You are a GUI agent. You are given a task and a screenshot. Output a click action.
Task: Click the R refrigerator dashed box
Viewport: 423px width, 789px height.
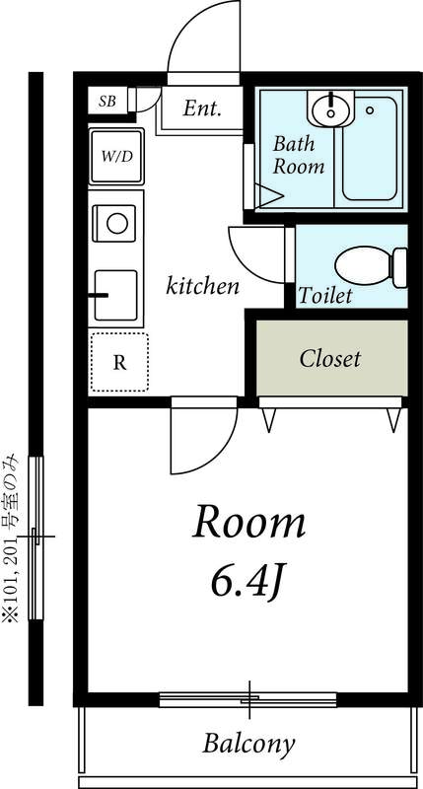point(118,362)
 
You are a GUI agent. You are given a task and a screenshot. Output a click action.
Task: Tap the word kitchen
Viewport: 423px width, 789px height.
point(203,287)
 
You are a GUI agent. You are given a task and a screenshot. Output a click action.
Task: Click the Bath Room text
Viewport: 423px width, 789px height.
point(298,155)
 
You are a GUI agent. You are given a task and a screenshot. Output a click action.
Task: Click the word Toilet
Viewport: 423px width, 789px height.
point(325,296)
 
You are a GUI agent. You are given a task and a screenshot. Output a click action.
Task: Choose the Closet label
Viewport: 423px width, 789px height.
point(330,358)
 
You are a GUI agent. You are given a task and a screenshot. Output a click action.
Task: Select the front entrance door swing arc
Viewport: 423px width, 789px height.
point(203,39)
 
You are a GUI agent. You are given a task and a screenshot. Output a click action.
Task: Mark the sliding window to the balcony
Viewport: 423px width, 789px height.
point(248,700)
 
